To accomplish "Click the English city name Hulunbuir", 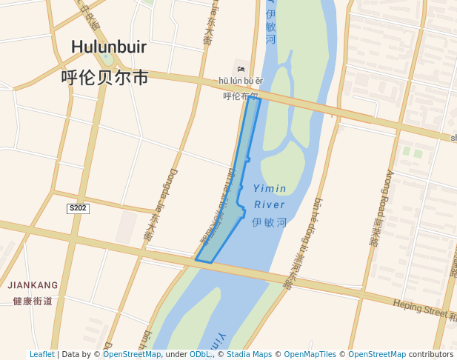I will point(109,47).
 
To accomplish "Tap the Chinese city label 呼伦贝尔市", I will point(104,77).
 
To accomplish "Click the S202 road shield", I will point(78,208).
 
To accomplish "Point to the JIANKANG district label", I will point(33,284).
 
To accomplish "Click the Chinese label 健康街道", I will point(33,301).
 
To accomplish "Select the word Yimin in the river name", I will point(270,188).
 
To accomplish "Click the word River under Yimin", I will point(269,204).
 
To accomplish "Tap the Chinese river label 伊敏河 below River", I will point(269,221).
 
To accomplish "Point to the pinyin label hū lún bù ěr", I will point(241,81).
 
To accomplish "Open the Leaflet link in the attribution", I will point(41,355).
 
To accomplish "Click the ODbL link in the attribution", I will point(201,355).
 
